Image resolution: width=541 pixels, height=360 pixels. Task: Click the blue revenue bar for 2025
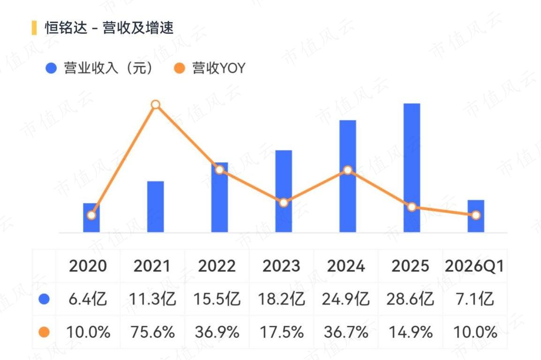[412, 168]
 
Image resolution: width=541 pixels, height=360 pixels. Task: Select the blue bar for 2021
[155, 207]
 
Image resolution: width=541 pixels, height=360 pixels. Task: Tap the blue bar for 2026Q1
[476, 216]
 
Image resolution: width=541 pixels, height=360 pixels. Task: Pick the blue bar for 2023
[284, 191]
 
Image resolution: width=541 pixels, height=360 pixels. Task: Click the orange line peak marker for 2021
[156, 105]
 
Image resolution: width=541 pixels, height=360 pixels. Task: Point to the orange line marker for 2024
[348, 170]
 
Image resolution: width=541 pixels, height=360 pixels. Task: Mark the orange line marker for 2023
[284, 203]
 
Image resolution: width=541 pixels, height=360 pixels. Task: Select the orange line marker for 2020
[91, 215]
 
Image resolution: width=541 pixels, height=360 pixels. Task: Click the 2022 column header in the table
[217, 266]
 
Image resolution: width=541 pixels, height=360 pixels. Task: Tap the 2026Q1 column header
[474, 266]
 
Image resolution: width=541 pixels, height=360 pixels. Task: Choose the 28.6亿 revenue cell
[410, 299]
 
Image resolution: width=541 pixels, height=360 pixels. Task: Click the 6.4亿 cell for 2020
[88, 299]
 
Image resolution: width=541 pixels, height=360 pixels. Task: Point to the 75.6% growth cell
[152, 332]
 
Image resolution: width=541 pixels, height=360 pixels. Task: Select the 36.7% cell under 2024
[346, 332]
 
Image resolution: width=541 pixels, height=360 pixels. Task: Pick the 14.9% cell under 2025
[410, 332]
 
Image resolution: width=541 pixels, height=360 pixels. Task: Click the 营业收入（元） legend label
[108, 68]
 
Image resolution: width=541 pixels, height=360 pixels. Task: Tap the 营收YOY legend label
[219, 68]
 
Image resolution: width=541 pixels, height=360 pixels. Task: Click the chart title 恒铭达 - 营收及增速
[109, 28]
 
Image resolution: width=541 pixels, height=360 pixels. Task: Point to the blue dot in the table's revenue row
[44, 299]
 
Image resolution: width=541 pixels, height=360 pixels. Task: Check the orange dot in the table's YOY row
[44, 332]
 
